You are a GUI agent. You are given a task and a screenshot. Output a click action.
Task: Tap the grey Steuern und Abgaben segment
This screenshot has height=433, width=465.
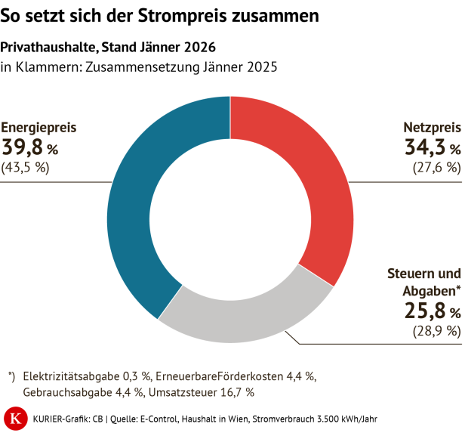click(x=242, y=321)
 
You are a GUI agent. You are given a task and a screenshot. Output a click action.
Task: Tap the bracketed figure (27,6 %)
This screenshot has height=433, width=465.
click(x=436, y=168)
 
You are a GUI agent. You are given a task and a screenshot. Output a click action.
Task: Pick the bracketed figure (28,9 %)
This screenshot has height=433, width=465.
click(x=436, y=331)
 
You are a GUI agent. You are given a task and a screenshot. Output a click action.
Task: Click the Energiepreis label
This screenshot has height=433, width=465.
click(x=38, y=128)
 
